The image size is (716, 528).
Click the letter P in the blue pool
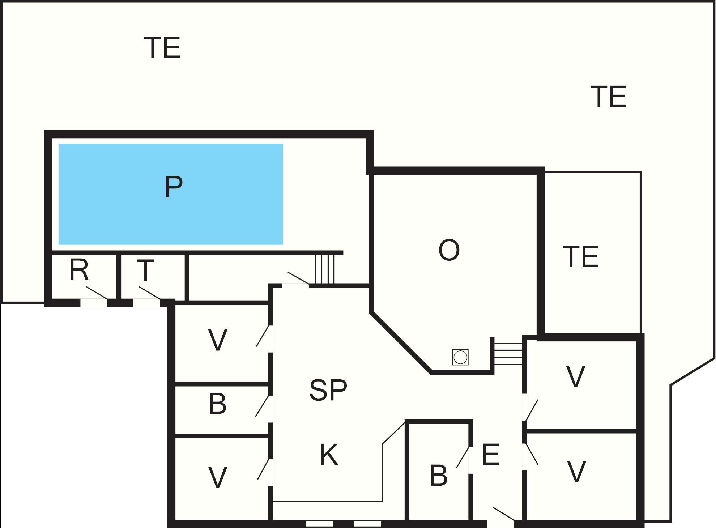pyautogui.click(x=174, y=187)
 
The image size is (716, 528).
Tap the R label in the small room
pyautogui.click(x=79, y=269)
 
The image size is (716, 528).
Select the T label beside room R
pyautogui.click(x=145, y=270)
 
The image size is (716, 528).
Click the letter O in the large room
pyautogui.click(x=449, y=250)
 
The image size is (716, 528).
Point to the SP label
pyautogui.click(x=328, y=390)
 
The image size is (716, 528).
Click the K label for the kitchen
pyautogui.click(x=329, y=455)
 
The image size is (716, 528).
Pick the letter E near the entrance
pyautogui.click(x=491, y=454)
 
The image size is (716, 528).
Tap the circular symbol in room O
pyautogui.click(x=460, y=357)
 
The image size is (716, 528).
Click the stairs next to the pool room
pyautogui.click(x=325, y=269)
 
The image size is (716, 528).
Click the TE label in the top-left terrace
pyautogui.click(x=162, y=48)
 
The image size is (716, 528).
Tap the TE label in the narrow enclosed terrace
pyautogui.click(x=581, y=256)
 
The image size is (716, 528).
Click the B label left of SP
pyautogui.click(x=218, y=404)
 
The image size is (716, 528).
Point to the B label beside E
pyautogui.click(x=439, y=475)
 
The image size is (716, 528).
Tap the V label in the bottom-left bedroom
pyautogui.click(x=218, y=477)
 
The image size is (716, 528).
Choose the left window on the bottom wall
pyautogui.click(x=319, y=524)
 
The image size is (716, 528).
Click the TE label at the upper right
pyautogui.click(x=608, y=97)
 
